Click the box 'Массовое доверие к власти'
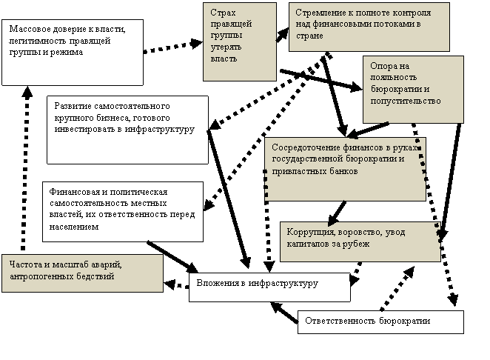point(73,53)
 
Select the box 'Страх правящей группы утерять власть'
point(240,42)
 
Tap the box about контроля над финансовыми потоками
point(369,27)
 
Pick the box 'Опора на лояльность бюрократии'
point(413,90)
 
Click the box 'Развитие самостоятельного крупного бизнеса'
point(127,130)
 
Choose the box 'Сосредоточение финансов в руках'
point(346,169)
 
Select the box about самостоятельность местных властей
point(123,212)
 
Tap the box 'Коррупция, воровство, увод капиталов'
point(360,241)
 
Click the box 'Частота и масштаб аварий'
point(82,273)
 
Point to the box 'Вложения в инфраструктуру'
point(269,287)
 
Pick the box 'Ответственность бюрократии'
point(380,322)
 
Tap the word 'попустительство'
point(406,101)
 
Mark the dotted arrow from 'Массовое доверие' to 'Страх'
point(173,47)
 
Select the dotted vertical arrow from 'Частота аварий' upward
point(25,168)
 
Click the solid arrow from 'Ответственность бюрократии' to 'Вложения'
point(284,312)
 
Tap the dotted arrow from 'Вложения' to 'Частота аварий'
point(176,284)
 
